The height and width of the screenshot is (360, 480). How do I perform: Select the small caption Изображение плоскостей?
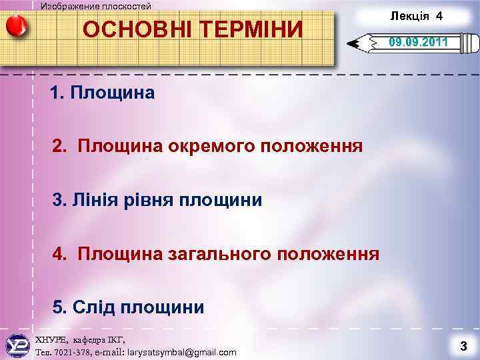pos(96,6)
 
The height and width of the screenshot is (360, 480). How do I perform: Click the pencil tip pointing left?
pos(354,45)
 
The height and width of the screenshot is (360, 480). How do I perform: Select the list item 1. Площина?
pos(103,93)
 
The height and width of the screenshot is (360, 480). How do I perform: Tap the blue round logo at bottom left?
pos(17,345)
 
